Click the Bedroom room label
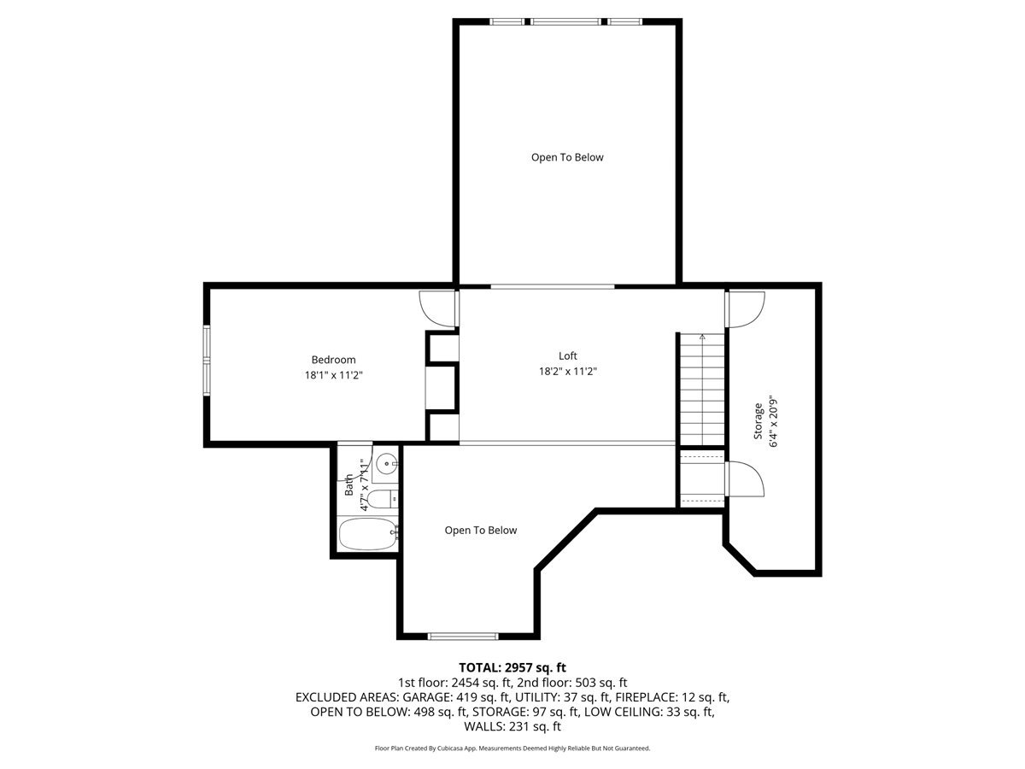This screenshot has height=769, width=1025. (x=333, y=360)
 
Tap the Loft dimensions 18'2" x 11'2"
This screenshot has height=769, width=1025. (x=568, y=372)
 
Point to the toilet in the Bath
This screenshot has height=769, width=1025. (x=384, y=500)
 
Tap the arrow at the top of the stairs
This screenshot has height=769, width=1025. (x=702, y=337)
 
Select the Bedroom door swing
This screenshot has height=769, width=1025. (x=437, y=308)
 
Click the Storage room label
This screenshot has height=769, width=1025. (x=758, y=421)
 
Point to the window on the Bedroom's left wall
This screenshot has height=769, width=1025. (x=206, y=360)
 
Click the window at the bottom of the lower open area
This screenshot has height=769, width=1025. (x=462, y=636)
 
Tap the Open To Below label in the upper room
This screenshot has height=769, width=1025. (x=567, y=157)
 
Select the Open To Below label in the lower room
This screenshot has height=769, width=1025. (x=480, y=531)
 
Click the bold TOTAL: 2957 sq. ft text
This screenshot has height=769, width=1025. (x=512, y=666)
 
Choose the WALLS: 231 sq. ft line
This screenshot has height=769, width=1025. (x=512, y=727)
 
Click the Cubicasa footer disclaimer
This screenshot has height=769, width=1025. (x=512, y=748)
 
